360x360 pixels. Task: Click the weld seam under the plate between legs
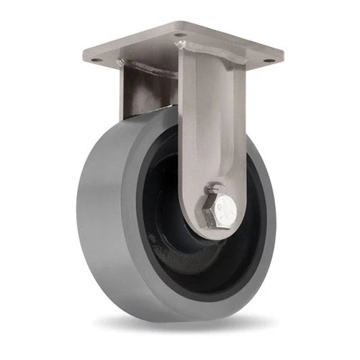(x=155, y=72)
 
